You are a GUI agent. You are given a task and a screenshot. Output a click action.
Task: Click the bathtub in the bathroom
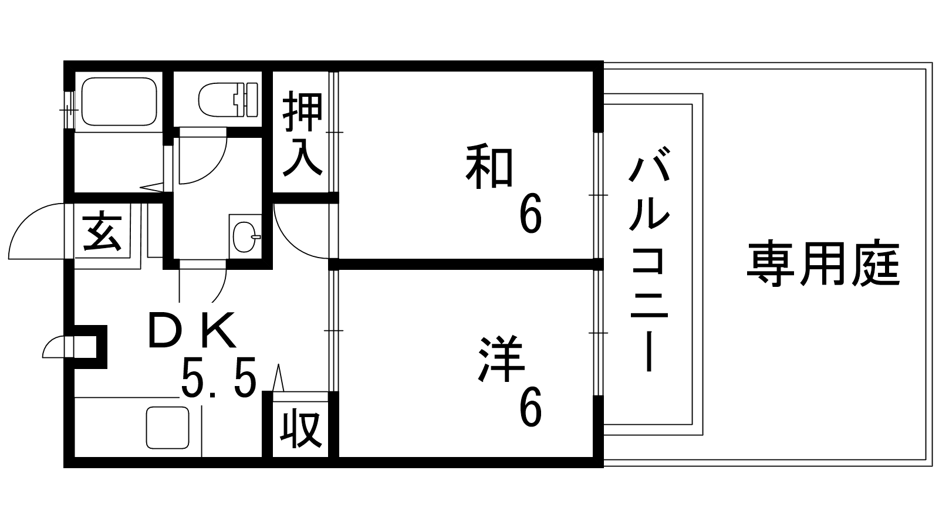[119, 101]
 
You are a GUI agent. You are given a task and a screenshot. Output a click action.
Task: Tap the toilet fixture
[228, 99]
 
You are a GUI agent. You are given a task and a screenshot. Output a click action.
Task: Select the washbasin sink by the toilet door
[245, 237]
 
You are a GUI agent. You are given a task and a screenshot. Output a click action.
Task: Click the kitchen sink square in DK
[168, 428]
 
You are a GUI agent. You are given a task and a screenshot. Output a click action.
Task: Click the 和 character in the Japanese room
[489, 167]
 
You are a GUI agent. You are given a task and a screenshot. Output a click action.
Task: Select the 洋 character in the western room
[501, 358]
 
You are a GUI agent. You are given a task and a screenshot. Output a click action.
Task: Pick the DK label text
[192, 331]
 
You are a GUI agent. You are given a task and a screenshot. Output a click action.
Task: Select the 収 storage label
[301, 429]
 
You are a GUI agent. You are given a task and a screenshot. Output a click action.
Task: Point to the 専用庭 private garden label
[823, 265]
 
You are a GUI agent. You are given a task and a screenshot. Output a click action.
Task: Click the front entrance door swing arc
[37, 231]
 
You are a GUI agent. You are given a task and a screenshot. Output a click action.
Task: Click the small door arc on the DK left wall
[53, 347]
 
